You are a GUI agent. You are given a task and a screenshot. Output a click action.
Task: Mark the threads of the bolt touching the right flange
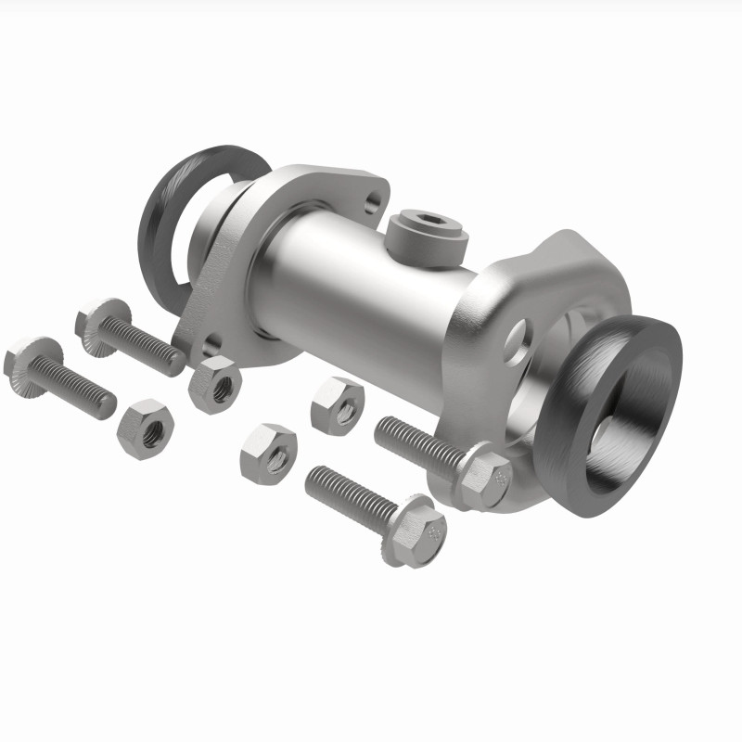[x=417, y=441]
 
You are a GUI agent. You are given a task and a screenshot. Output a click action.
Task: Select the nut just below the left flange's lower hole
[x=214, y=382]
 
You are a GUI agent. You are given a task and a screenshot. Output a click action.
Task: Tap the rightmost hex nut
[x=337, y=404]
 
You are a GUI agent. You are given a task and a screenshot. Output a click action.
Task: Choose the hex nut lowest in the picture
[x=269, y=453]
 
